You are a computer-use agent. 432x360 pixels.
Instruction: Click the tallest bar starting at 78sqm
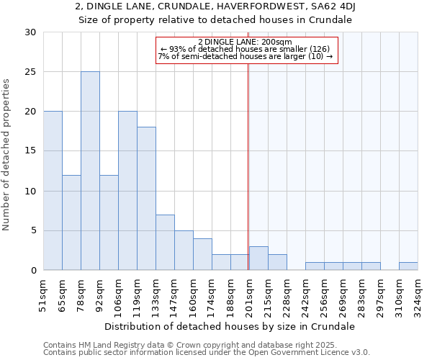click(x=90, y=171)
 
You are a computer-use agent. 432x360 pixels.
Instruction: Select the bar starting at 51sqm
click(x=53, y=191)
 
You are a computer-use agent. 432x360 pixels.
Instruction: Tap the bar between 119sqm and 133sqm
click(x=146, y=199)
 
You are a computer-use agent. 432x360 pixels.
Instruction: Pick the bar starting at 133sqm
click(x=165, y=242)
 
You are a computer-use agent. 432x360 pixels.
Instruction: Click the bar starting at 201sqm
click(x=258, y=258)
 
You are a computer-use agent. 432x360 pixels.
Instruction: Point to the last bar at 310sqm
click(x=408, y=266)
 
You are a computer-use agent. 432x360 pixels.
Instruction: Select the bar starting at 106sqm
click(x=127, y=191)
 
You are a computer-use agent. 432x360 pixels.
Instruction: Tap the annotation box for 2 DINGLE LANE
click(x=246, y=50)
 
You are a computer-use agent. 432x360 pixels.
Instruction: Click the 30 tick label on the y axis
click(x=30, y=32)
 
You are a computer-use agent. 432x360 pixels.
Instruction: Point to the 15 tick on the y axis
click(x=30, y=151)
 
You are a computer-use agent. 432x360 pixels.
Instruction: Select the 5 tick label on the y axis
click(x=33, y=230)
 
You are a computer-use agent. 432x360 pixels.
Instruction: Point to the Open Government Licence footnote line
click(x=207, y=352)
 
